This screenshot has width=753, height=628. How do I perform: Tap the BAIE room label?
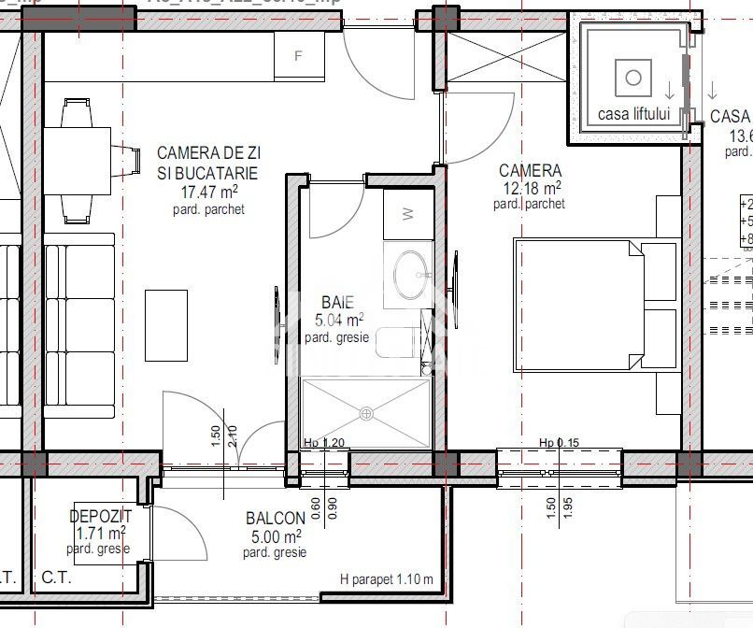[337, 302]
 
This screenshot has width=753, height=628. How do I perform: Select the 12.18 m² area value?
[530, 187]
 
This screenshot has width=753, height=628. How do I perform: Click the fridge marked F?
[298, 56]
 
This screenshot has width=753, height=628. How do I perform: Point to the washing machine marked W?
[407, 213]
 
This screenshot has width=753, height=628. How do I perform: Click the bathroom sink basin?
[409, 272]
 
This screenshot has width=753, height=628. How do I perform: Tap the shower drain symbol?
[366, 413]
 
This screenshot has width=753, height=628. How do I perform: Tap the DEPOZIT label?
[100, 516]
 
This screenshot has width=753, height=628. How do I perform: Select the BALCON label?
[275, 519]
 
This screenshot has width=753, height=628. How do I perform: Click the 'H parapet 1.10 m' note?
[387, 579]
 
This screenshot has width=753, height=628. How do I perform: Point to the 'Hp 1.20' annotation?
[324, 443]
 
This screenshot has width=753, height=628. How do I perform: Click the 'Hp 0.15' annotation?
[559, 443]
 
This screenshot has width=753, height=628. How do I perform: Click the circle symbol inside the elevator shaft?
[633, 77]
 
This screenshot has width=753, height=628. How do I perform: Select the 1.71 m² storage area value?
[100, 534]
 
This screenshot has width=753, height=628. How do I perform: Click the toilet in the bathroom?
[397, 343]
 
